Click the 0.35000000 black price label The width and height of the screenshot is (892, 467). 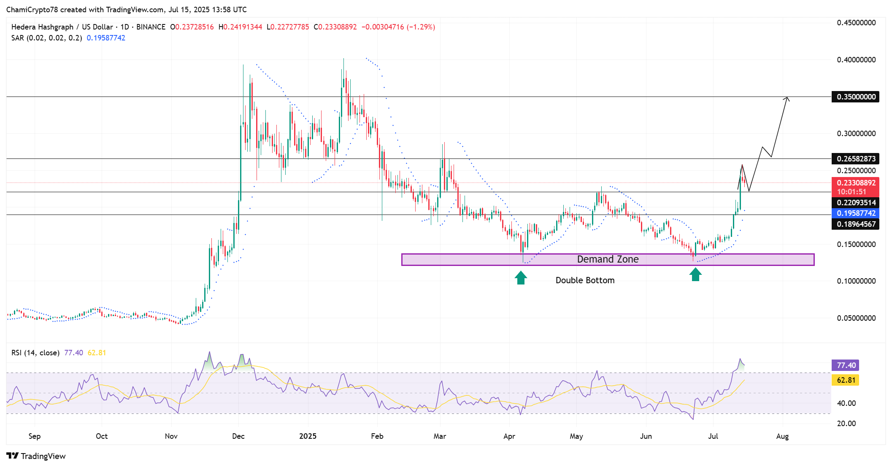(x=856, y=97)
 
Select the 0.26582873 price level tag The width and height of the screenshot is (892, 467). (x=856, y=159)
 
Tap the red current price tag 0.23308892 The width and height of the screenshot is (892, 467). (x=856, y=183)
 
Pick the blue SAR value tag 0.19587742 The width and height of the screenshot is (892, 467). (x=856, y=213)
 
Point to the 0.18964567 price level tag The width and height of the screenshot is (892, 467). (x=856, y=224)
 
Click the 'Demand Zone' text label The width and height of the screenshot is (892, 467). (x=608, y=259)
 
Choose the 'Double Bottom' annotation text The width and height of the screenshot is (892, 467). (x=585, y=280)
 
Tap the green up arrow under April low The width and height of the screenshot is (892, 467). (x=521, y=278)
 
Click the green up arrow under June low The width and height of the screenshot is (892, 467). (x=695, y=274)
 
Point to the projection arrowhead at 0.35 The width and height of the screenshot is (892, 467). (x=787, y=99)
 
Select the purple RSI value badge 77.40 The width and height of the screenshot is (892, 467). (x=846, y=365)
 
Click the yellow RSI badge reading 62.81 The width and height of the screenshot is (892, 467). (x=846, y=380)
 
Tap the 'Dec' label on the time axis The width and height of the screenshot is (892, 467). (x=238, y=436)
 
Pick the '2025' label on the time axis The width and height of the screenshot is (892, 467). (x=308, y=436)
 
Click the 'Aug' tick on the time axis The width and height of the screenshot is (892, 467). (x=782, y=436)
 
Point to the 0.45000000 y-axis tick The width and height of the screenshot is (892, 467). (x=856, y=23)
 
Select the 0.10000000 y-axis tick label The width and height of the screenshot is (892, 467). (x=856, y=281)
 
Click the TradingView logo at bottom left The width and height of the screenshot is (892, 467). (x=36, y=456)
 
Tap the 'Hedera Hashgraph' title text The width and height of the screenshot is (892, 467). (x=42, y=27)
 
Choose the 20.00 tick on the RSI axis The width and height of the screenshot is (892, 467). (x=846, y=424)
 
